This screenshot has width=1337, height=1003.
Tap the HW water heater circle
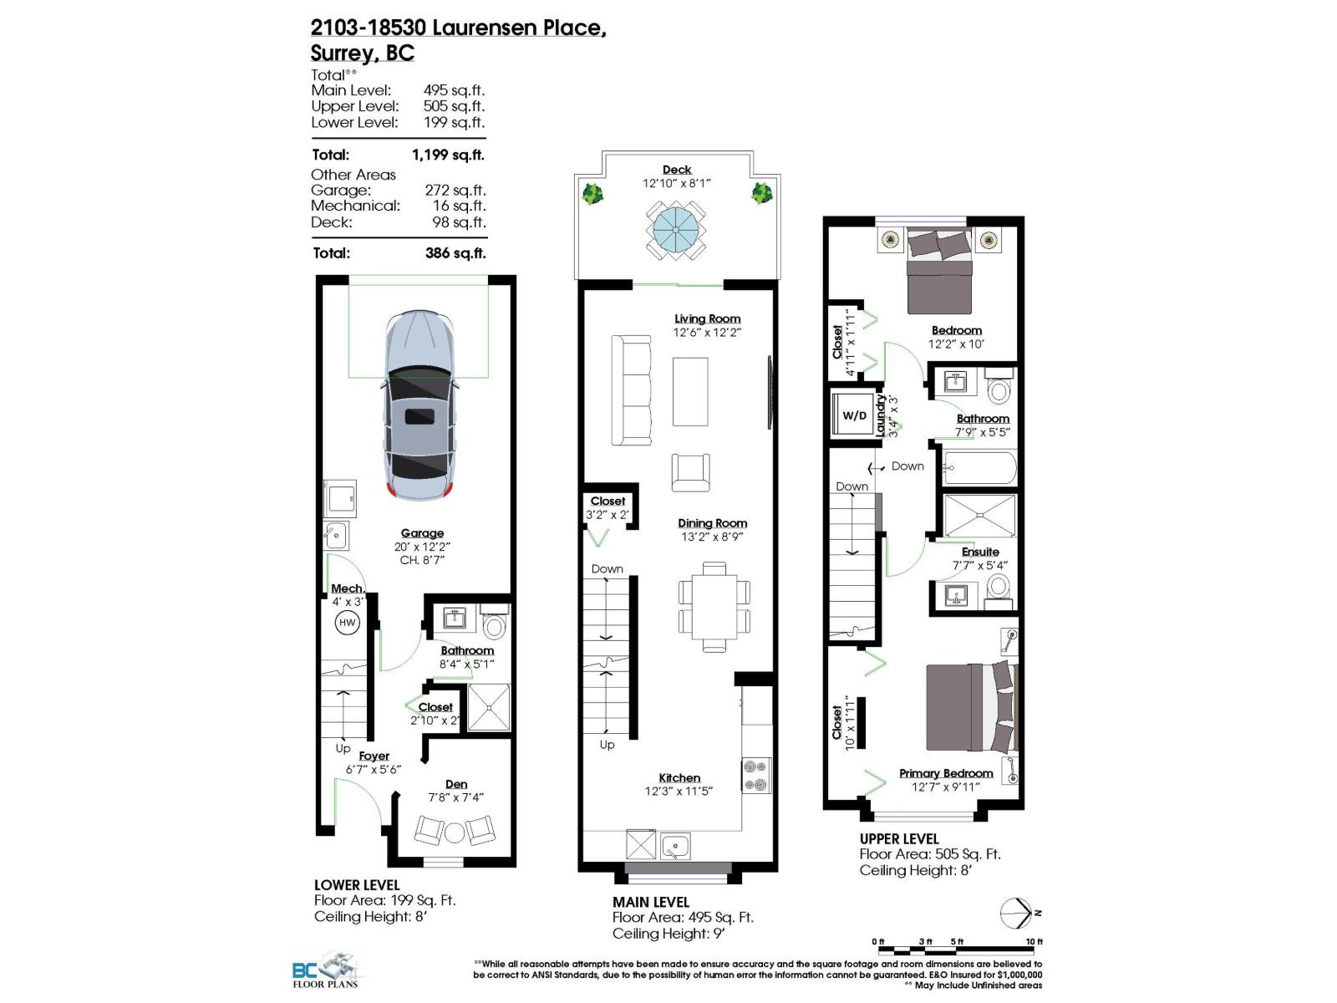347,623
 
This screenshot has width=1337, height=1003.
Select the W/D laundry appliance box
854,415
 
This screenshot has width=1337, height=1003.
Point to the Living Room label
707,318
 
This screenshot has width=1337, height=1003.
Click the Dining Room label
712,523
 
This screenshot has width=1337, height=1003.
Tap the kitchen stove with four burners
756,775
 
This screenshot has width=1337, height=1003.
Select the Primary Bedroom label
946,773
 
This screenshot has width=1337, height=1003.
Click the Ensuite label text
980,552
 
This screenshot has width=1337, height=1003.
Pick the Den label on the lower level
456,784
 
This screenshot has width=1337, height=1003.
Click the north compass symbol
1018,914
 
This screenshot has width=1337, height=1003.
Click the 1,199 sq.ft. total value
448,155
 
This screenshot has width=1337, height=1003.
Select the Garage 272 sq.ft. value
455,190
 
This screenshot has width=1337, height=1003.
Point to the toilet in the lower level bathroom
495,624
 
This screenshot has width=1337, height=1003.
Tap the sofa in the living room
631,390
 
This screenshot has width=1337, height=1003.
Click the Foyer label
374,756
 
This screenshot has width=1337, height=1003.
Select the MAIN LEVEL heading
650,902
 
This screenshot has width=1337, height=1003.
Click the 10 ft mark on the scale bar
1034,942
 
